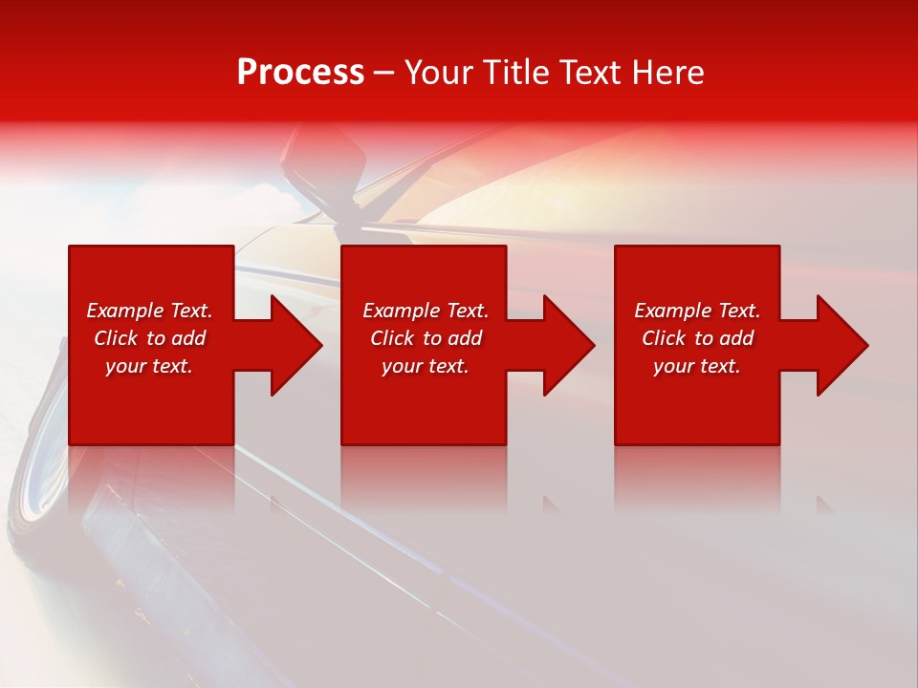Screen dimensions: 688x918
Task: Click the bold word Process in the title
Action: tap(300, 73)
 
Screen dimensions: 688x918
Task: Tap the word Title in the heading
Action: tap(515, 73)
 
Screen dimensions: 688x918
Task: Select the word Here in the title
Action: tap(667, 73)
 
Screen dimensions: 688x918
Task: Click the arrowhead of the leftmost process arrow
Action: tap(296, 345)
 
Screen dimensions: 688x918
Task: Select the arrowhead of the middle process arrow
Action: tap(569, 345)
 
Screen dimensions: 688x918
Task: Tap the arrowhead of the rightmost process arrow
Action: tap(842, 345)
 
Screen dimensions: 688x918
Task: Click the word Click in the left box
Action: tap(116, 338)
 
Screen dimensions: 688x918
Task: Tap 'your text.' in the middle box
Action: tap(425, 366)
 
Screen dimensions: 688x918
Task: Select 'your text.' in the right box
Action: tap(696, 366)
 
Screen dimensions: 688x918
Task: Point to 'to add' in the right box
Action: tap(730, 338)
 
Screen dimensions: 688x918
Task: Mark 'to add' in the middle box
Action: tap(458, 338)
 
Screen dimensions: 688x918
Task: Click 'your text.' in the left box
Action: tap(149, 366)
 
